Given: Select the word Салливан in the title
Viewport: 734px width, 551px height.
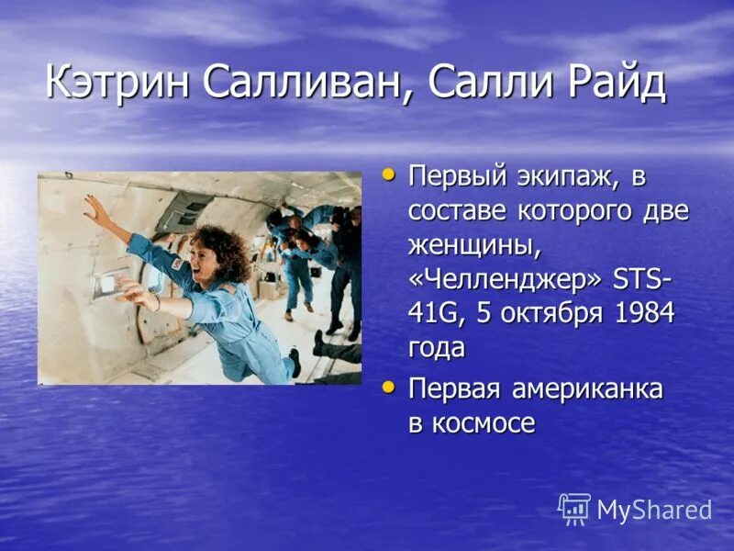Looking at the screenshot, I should (x=301, y=84).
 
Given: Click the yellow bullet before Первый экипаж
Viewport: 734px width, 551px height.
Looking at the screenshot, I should (x=390, y=173).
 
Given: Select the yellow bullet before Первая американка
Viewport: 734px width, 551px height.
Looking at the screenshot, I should (x=390, y=388).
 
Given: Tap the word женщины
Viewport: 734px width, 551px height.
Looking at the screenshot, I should (x=469, y=245).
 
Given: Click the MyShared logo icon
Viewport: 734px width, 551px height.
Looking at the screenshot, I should (x=573, y=509).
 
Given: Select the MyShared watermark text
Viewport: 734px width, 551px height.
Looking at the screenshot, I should (x=654, y=511).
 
